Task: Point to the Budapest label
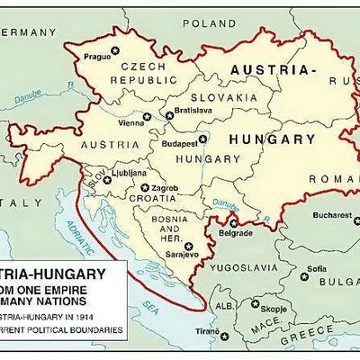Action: pyautogui.click(x=178, y=142)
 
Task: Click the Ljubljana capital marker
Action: pyautogui.click(x=107, y=179)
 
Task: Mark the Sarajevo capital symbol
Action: pyautogui.click(x=189, y=245)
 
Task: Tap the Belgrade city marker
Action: pyautogui.click(x=233, y=222)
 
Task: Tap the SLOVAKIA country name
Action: pyautogui.click(x=216, y=96)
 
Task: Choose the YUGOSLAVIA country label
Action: pyautogui.click(x=241, y=267)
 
